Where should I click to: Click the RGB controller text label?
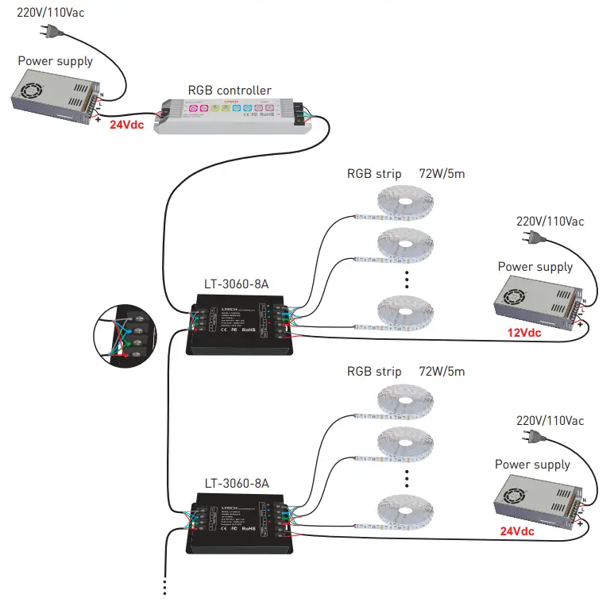(229, 91)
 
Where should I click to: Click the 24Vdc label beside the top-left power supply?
(126, 125)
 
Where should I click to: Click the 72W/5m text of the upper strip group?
(442, 174)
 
